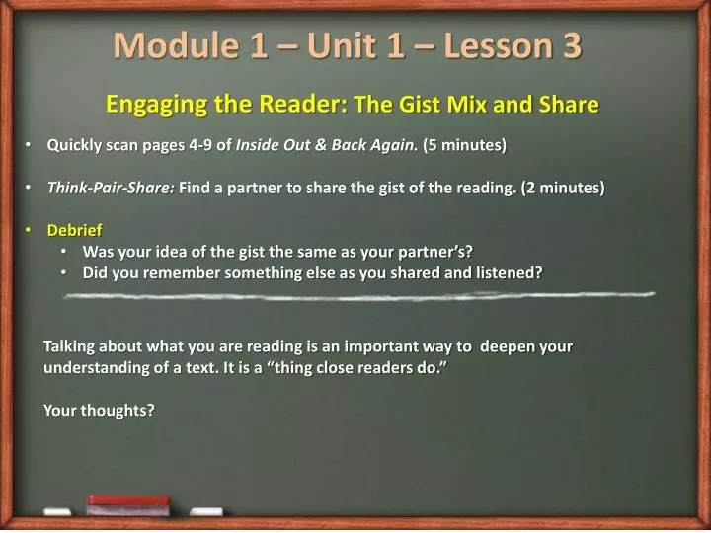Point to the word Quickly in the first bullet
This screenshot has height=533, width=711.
pyautogui.click(x=76, y=146)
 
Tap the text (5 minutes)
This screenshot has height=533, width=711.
pyautogui.click(x=464, y=146)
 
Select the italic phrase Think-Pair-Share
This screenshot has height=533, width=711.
pyautogui.click(x=111, y=187)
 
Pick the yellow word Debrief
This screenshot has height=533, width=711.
pyautogui.click(x=74, y=230)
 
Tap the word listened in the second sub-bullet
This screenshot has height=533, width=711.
pyautogui.click(x=509, y=272)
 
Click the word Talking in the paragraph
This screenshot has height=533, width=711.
pyautogui.click(x=70, y=346)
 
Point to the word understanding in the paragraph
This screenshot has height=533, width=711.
pyautogui.click(x=94, y=367)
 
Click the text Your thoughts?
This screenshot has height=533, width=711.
pyautogui.click(x=99, y=410)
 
